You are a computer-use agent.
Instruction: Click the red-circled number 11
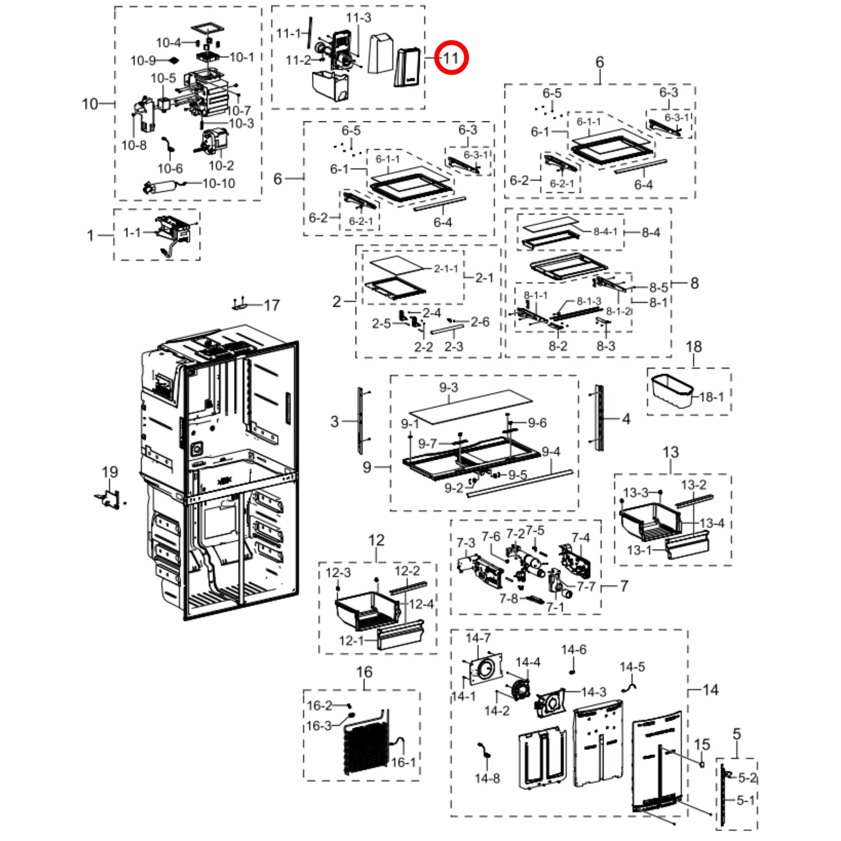click(x=451, y=58)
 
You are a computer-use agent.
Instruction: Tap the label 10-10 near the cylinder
click(x=219, y=183)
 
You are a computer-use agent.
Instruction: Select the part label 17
click(x=272, y=305)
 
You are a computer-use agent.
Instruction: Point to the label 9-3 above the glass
click(x=448, y=387)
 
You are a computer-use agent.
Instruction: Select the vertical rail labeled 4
click(x=600, y=418)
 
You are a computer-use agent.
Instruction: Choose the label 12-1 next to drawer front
click(x=351, y=641)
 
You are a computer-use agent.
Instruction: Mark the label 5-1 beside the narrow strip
click(x=745, y=800)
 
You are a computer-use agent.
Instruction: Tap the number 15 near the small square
click(x=702, y=745)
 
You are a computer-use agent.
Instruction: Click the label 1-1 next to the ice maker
click(x=132, y=233)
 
